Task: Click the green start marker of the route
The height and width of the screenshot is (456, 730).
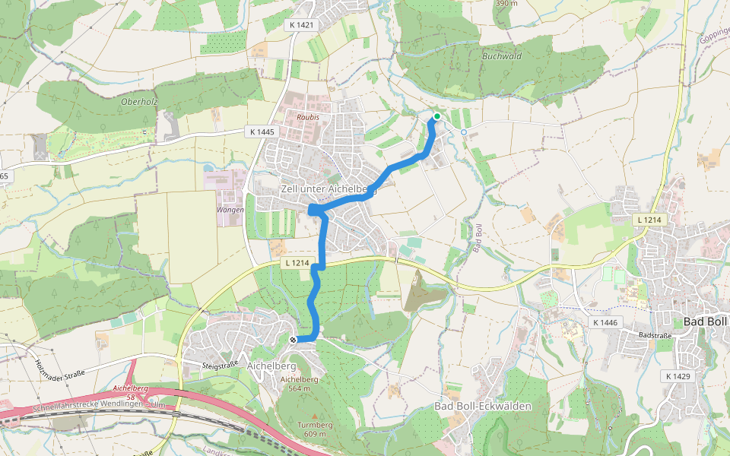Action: coord(437,116)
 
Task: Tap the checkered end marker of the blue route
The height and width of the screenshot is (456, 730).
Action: coord(294,340)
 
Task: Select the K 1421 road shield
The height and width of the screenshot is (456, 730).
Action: coord(301,25)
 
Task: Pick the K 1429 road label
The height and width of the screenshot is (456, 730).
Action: coord(678,376)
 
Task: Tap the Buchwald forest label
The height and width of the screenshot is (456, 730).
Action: coord(502,56)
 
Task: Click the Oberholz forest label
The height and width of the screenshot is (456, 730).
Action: coord(139,101)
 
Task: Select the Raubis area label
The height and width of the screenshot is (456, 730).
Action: coord(307,118)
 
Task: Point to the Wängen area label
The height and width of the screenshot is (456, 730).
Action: coord(230,210)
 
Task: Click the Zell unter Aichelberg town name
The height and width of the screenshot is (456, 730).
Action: coord(328,188)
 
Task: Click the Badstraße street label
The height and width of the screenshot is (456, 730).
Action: coord(657,334)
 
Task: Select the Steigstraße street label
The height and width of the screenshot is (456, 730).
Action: coord(220,365)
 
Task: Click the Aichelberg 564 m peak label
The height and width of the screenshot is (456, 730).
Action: coord(299,384)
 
